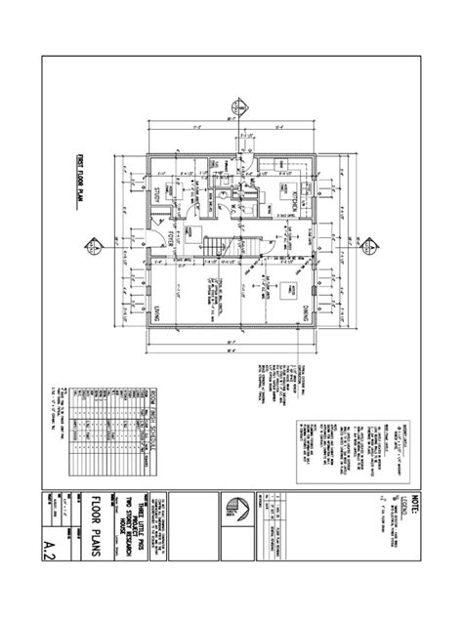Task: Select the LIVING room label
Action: click(x=155, y=314)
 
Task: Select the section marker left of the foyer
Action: click(x=90, y=243)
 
